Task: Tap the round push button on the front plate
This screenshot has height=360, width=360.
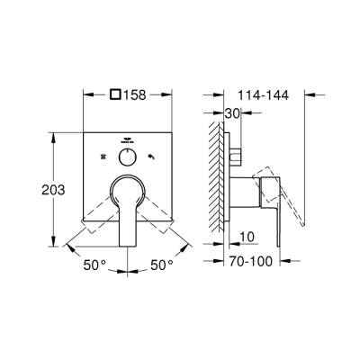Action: (x=127, y=156)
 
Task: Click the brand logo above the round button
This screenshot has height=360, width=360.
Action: (x=127, y=138)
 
